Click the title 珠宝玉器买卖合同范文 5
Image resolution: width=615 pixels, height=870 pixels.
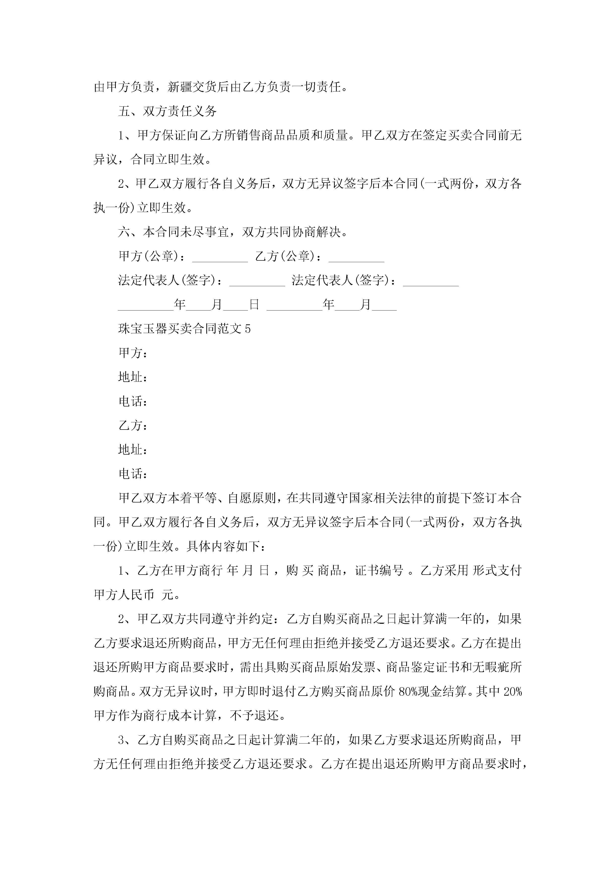pos(184,329)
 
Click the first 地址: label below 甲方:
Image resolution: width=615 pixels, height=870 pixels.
pos(133,377)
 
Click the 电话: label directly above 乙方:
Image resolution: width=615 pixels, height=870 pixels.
pos(133,401)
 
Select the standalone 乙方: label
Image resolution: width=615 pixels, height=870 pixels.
pos(133,426)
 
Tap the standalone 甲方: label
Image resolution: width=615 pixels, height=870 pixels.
pos(133,353)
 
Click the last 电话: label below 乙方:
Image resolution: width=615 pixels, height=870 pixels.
pos(133,474)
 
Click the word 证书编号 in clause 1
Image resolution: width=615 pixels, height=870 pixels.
pos(379,571)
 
